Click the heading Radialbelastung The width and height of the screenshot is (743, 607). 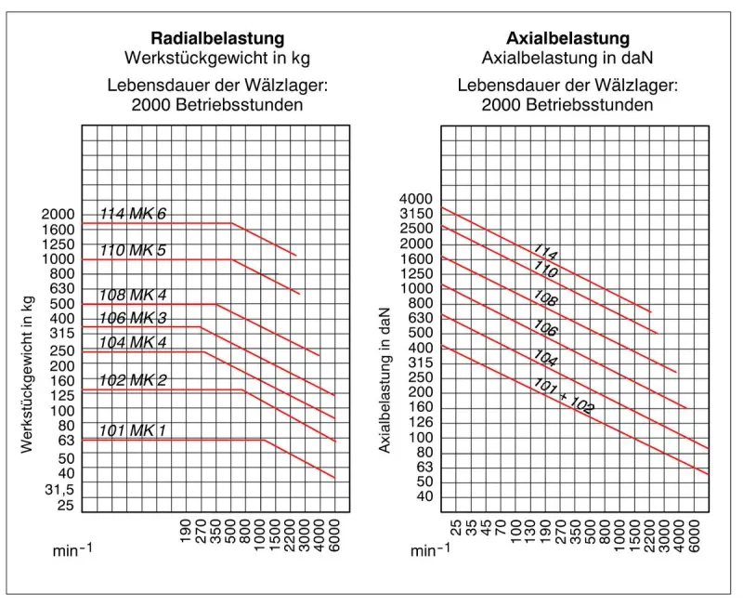(217, 39)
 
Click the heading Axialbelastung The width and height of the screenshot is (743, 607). (567, 39)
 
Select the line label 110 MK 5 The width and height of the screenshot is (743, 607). (133, 251)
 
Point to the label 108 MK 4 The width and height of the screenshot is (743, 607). (133, 296)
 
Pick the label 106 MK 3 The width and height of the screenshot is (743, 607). (133, 319)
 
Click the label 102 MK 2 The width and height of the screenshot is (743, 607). (133, 381)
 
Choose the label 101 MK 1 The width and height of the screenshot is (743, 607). (133, 431)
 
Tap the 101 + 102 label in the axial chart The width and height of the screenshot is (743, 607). (564, 397)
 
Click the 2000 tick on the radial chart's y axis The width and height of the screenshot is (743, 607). (58, 214)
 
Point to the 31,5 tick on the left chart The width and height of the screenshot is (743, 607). (59, 488)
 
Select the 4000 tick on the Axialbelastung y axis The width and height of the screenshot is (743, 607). (416, 199)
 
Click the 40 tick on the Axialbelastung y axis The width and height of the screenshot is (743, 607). (424, 496)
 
